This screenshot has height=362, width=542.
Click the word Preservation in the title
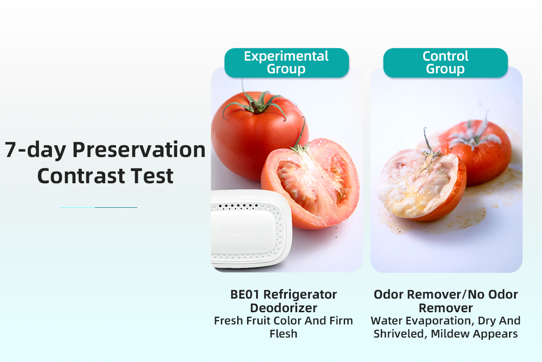click(139, 150)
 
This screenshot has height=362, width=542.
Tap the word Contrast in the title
click(81, 176)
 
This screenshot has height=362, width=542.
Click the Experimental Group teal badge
click(287, 63)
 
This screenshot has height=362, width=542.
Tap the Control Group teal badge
click(445, 63)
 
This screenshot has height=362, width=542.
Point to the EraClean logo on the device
click(239, 232)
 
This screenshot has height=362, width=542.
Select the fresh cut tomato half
click(311, 183)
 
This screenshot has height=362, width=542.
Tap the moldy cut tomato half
click(421, 184)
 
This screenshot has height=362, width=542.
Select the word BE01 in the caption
click(245, 295)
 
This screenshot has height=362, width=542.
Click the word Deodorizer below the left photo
click(284, 308)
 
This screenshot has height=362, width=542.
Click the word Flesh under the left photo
click(283, 333)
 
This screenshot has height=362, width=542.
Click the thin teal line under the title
click(98, 207)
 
